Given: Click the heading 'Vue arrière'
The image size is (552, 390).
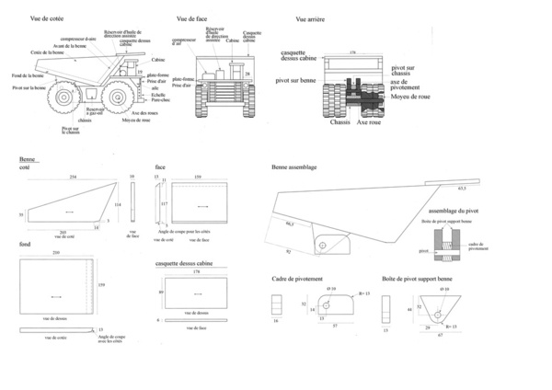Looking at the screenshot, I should click(313, 18).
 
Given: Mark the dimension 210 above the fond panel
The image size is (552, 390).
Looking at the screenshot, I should click(56, 252).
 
